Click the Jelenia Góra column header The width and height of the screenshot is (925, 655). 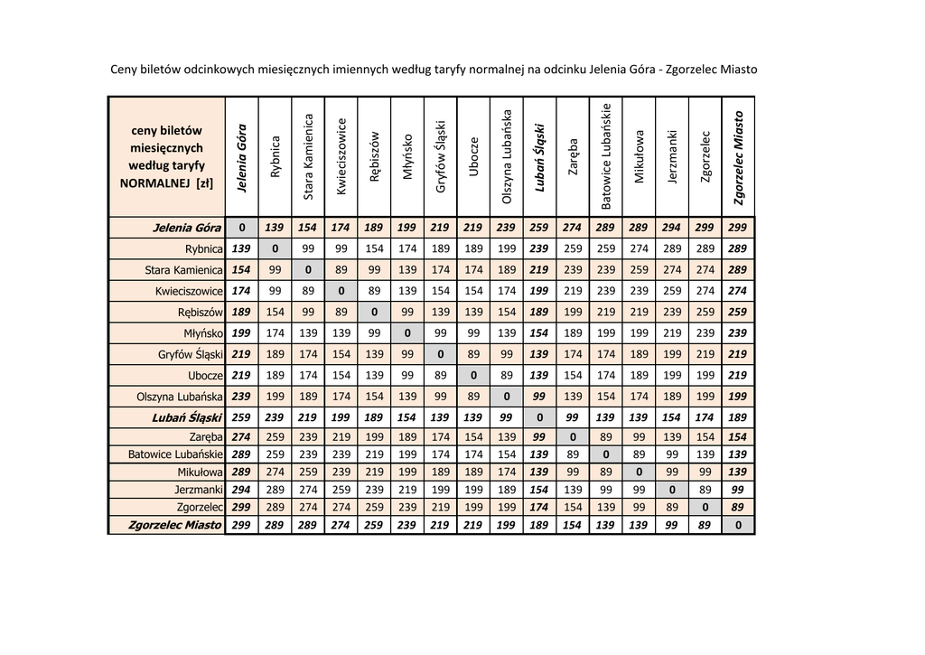tap(241, 156)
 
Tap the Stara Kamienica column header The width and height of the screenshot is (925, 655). tap(308, 156)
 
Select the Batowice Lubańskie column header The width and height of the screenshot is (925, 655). tap(606, 156)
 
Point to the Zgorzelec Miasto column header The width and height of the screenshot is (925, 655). tap(739, 156)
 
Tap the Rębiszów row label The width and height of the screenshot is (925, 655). tap(201, 312)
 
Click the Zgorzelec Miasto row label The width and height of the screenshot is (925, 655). tap(175, 525)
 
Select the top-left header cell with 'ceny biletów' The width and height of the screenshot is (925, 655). tap(167, 156)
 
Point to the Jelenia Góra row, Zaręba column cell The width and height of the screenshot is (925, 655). tap(573, 228)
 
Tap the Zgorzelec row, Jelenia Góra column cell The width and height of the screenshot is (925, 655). tap(241, 507)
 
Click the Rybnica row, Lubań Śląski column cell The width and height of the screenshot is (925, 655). tap(539, 248)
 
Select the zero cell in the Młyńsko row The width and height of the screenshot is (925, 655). tap(407, 333)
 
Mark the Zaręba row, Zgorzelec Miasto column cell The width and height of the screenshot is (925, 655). tap(738, 437)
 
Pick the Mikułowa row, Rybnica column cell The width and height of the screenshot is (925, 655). tap(275, 472)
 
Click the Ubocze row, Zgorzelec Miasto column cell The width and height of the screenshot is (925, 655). tap(738, 375)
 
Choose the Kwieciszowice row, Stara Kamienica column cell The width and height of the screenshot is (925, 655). tap(308, 291)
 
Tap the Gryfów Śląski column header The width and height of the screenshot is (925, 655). tap(440, 156)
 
